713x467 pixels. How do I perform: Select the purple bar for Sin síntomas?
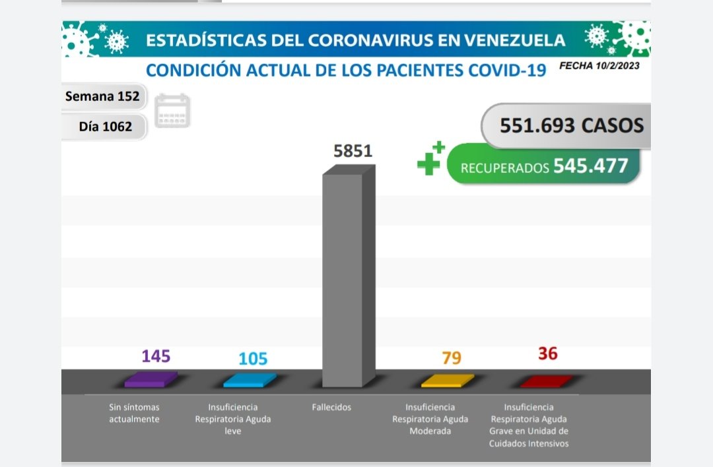151,379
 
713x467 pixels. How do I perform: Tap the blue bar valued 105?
250,380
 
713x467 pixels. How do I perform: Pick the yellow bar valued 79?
448,381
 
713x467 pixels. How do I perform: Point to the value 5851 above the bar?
353,151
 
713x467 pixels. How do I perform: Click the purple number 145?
156,356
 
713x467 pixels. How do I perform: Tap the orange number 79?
452,358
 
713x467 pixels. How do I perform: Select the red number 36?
547,354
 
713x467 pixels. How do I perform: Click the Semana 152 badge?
102,96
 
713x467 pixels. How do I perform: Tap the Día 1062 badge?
105,126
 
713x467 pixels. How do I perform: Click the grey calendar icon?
172,110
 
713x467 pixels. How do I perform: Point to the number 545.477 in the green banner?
591,166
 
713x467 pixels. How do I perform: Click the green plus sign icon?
430,159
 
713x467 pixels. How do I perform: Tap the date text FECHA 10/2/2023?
599,65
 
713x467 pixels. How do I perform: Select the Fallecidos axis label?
331,408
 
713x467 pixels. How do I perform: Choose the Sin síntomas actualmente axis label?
134,414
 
